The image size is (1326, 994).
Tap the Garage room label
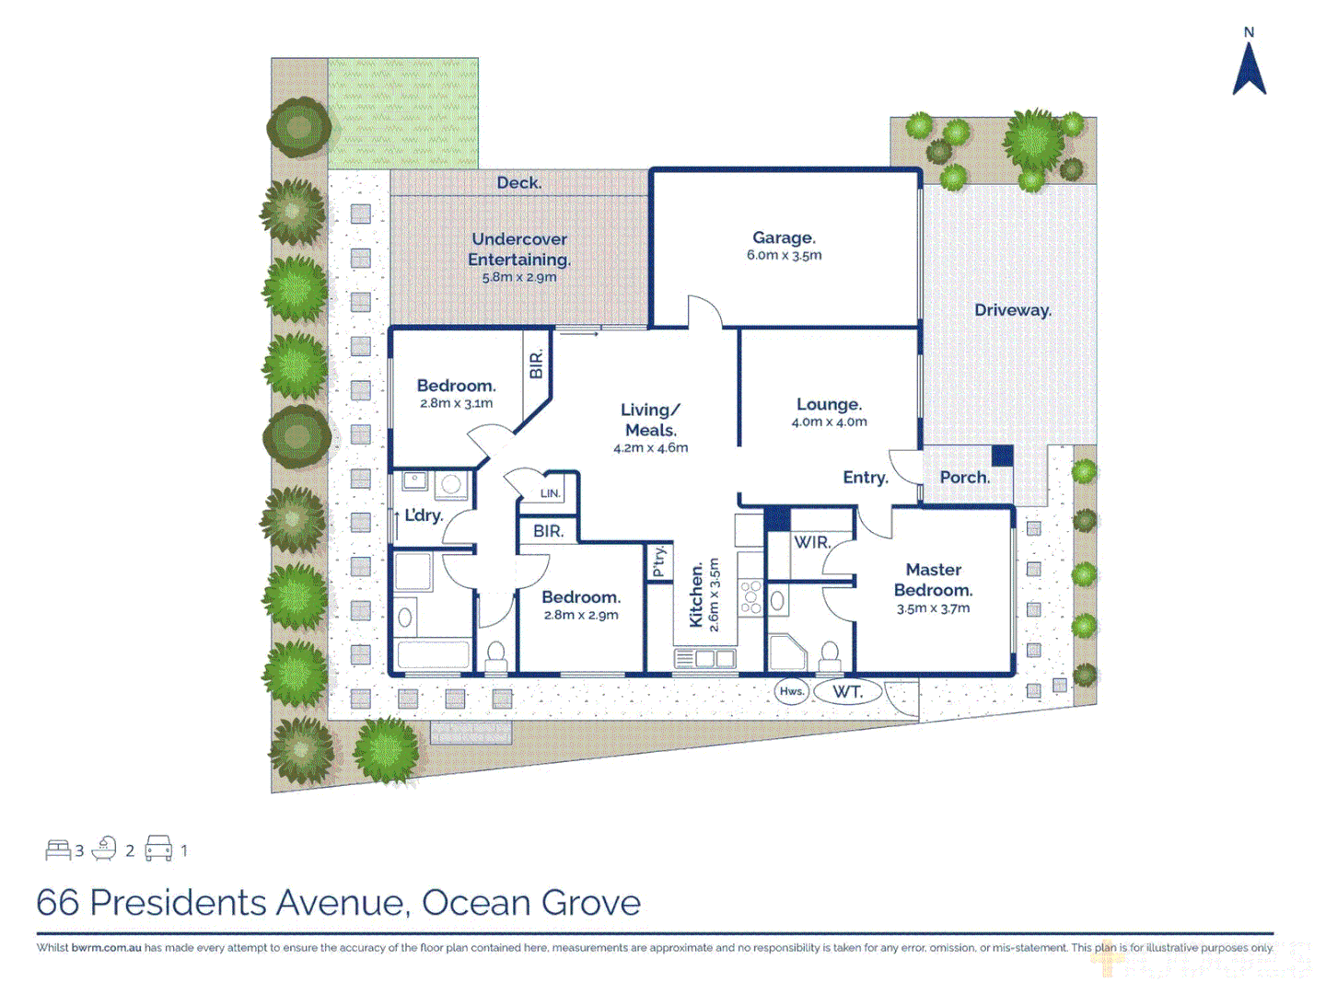point(784,237)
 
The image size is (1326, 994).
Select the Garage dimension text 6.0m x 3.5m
point(784,256)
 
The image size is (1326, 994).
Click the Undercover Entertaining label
point(519,248)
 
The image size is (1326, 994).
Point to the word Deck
point(519,182)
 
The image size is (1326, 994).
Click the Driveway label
point(1012,310)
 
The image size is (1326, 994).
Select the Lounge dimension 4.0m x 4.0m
point(829,422)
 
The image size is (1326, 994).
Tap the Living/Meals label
point(650,420)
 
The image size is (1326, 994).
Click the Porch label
point(964,478)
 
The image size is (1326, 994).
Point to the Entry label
point(865,478)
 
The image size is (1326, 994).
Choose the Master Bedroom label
point(933,580)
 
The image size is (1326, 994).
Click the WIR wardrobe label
point(811,542)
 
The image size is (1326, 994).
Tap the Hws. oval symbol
point(792,691)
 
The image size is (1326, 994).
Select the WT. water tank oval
point(847,691)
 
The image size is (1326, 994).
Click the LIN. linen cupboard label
point(550,493)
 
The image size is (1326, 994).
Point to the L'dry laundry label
point(424,515)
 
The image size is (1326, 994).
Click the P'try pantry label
point(658,561)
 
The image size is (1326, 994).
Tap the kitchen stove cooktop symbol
point(751,595)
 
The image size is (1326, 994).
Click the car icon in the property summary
point(158,849)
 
